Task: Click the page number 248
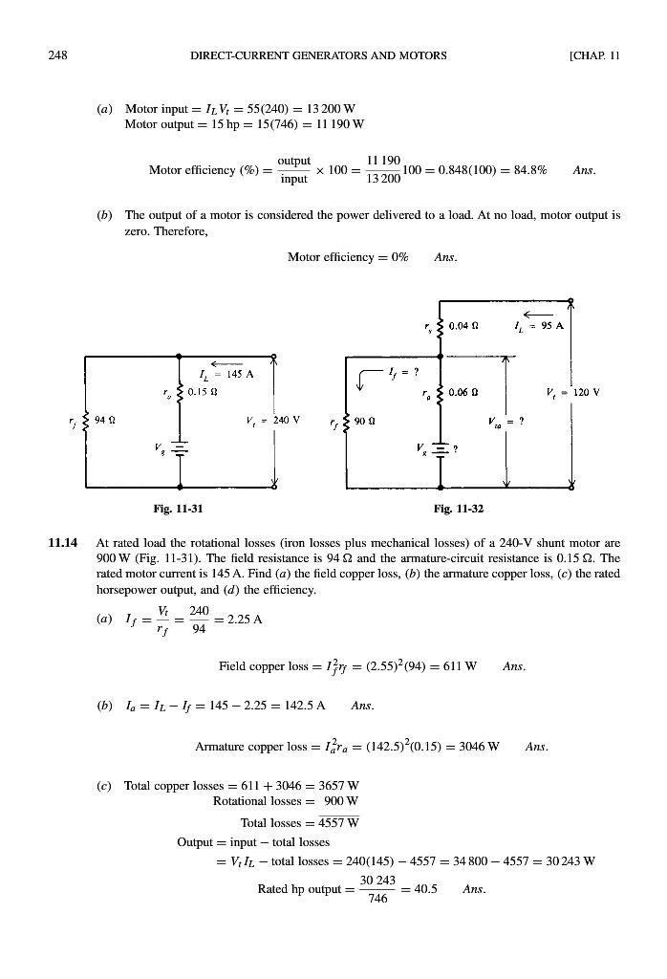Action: [x=57, y=55]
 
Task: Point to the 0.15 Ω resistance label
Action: [x=203, y=390]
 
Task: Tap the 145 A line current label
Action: [x=232, y=375]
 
